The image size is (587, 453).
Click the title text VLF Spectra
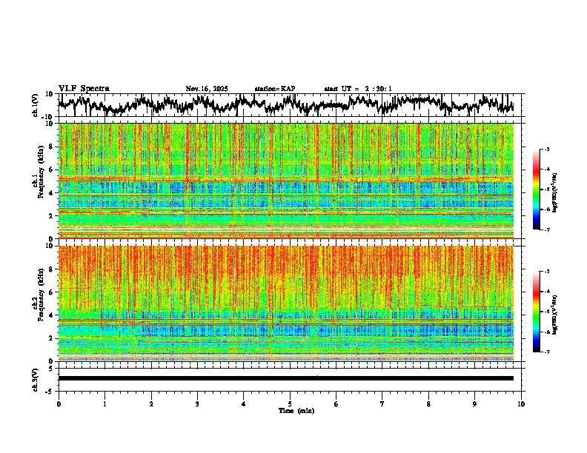click(x=84, y=88)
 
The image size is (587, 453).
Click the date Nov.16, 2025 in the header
click(x=207, y=89)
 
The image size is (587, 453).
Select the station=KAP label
click(x=275, y=89)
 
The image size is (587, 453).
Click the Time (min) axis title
click(x=296, y=410)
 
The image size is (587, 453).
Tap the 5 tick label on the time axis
click(x=290, y=403)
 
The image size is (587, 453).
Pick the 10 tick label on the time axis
click(x=521, y=403)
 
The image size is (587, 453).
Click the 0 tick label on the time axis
click(x=59, y=403)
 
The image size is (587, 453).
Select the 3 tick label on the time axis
click(x=197, y=403)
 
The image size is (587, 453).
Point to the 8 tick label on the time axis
click(x=428, y=403)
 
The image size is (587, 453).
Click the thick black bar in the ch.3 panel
click(x=285, y=378)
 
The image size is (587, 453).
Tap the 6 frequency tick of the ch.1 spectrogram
click(x=50, y=170)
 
